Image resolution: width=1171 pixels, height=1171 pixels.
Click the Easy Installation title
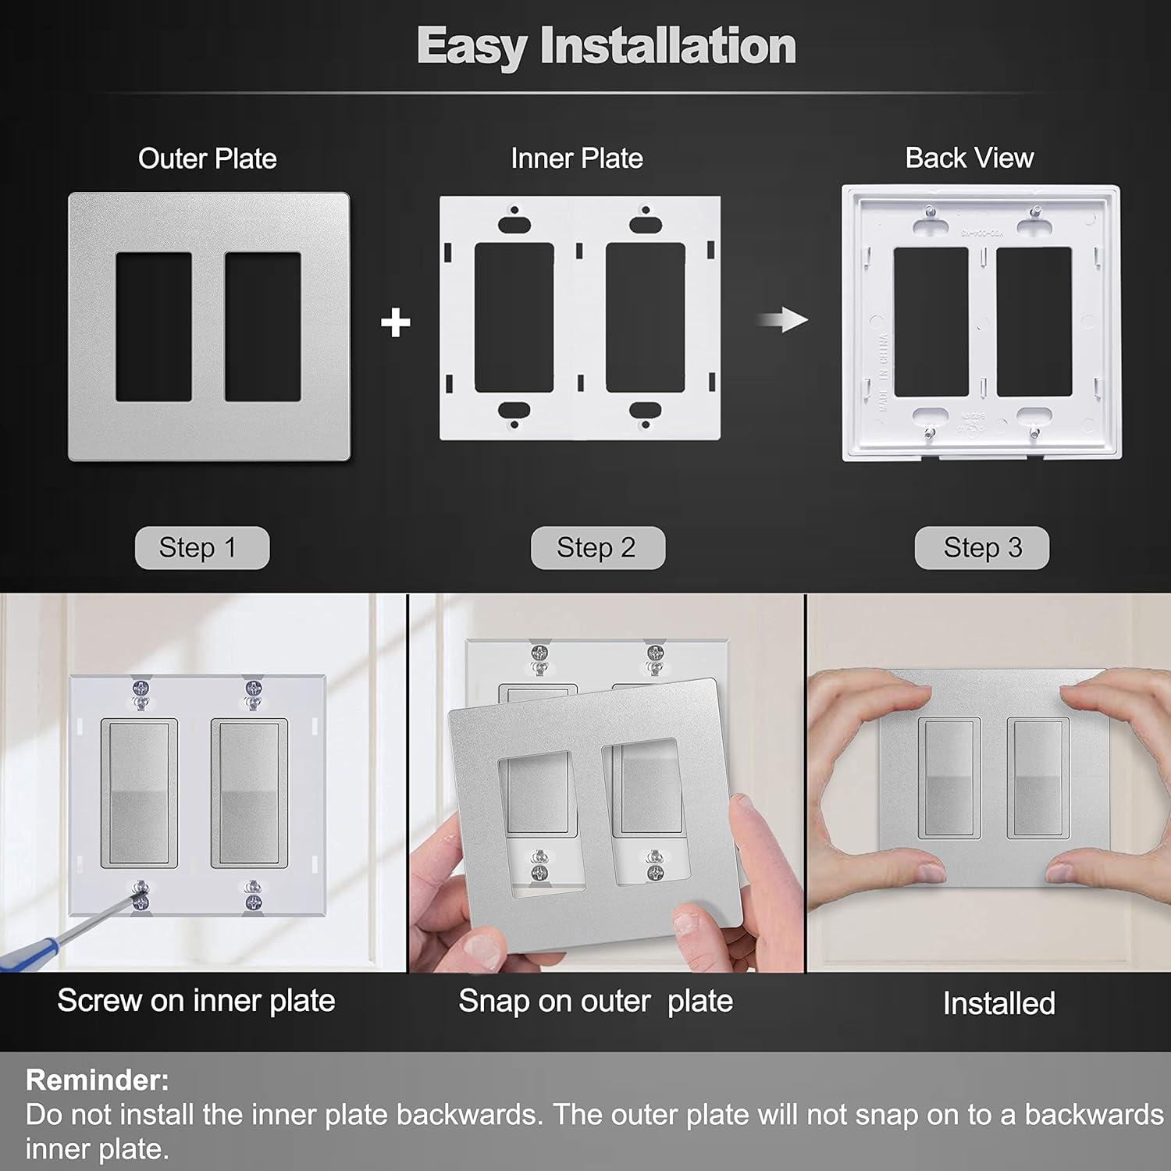(x=606, y=46)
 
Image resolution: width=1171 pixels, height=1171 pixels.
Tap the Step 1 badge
(x=201, y=548)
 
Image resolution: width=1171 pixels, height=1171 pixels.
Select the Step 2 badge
(x=597, y=548)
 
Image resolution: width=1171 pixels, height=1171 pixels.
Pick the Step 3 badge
(x=981, y=548)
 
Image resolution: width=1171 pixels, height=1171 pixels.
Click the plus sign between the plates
(x=396, y=322)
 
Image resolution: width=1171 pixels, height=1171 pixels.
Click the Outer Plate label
(x=207, y=158)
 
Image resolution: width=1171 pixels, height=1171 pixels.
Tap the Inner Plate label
(x=576, y=158)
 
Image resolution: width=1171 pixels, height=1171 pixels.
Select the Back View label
(x=969, y=158)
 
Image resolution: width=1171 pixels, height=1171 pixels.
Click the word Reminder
(x=97, y=1080)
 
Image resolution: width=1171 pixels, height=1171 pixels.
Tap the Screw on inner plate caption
(x=196, y=1001)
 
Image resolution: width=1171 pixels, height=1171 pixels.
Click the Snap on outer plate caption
(x=595, y=1001)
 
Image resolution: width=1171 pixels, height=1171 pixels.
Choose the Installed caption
(x=998, y=1003)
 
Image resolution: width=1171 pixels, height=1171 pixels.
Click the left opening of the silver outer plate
(x=154, y=326)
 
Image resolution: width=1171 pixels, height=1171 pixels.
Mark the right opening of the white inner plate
(x=645, y=318)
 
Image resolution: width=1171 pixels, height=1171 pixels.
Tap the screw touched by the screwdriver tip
(x=141, y=895)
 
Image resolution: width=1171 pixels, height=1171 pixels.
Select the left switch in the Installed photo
(x=949, y=778)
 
